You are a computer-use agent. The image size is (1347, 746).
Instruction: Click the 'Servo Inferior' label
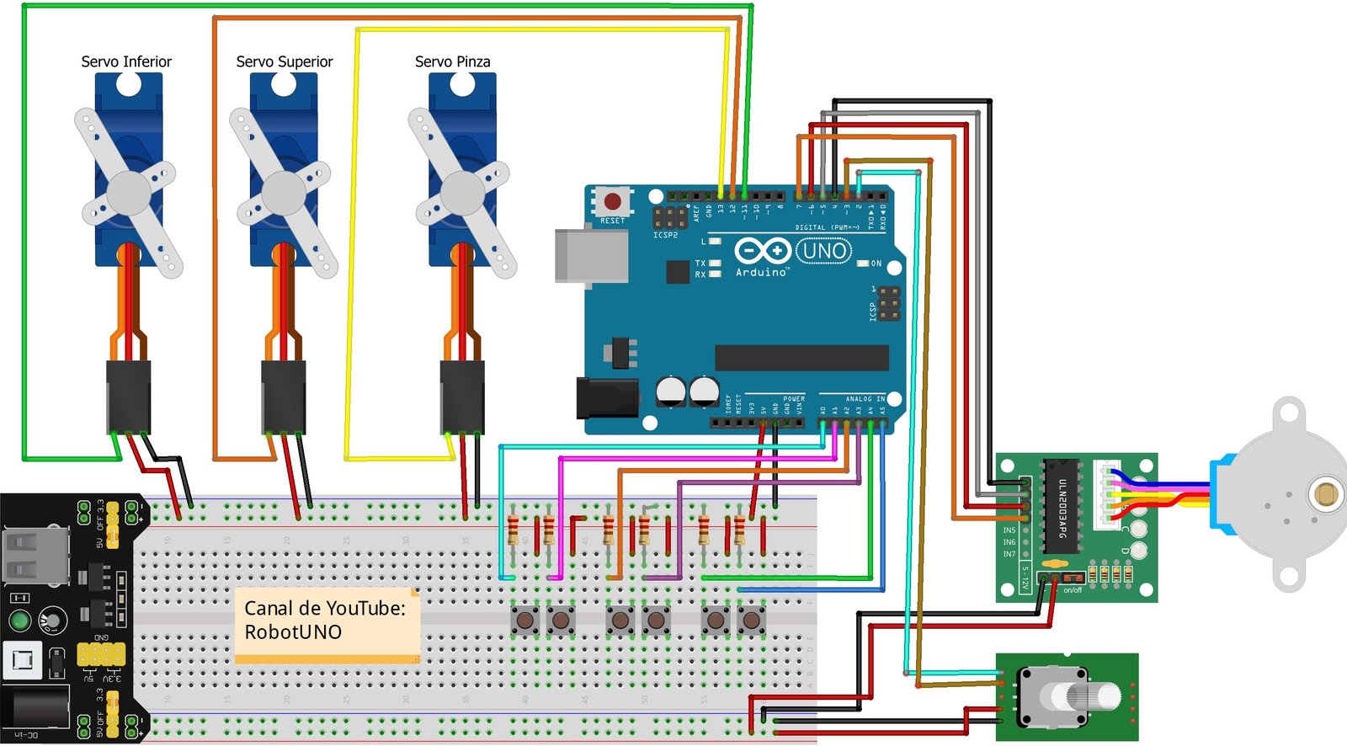(126, 61)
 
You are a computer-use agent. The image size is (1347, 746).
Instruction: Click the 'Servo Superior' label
(285, 61)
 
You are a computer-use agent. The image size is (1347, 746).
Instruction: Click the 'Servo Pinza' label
(452, 61)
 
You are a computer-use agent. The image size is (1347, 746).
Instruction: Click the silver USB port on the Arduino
(591, 256)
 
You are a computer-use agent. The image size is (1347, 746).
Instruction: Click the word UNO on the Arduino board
(824, 250)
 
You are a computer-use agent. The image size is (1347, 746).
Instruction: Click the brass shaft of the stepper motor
(1326, 493)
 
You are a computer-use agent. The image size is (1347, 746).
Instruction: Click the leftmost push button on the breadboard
(525, 621)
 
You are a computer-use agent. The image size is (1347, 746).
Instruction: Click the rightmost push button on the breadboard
(751, 621)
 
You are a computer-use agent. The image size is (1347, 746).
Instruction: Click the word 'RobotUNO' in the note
(293, 632)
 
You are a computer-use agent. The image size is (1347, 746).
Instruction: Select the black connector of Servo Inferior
(128, 397)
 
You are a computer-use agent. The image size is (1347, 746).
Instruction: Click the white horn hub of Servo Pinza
(462, 193)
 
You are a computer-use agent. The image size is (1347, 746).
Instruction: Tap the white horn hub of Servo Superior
(284, 193)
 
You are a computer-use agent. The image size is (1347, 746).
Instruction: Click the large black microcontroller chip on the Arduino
(801, 357)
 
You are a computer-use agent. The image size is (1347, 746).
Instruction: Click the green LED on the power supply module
(19, 621)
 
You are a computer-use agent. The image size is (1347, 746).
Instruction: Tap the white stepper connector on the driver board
(1105, 495)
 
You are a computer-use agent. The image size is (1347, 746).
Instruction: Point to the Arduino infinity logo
(762, 251)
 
